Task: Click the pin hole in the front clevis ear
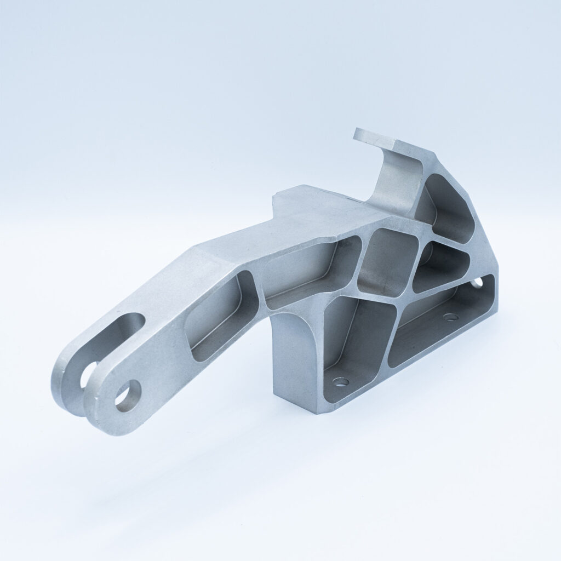click(128, 395)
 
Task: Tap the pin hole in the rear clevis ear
click(87, 374)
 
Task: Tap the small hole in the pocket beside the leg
click(340, 381)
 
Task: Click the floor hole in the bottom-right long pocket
click(450, 317)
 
